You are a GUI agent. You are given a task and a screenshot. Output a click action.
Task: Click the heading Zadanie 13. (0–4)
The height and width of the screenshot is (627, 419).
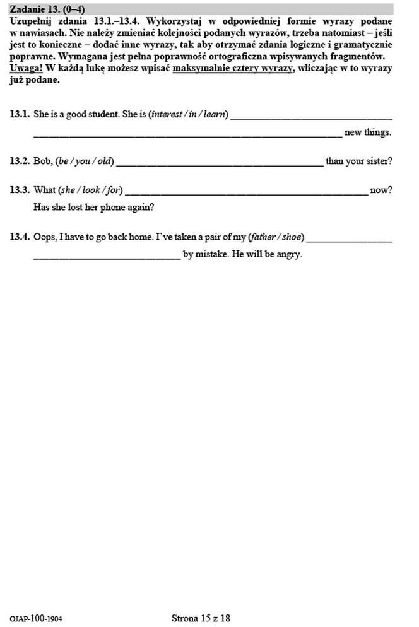pos(47,9)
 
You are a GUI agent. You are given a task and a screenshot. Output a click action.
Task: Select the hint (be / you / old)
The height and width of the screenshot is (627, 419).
pos(85,161)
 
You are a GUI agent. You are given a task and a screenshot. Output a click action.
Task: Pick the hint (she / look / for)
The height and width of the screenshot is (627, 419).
pos(90,190)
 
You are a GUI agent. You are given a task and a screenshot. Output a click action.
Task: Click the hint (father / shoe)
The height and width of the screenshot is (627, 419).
pos(276,237)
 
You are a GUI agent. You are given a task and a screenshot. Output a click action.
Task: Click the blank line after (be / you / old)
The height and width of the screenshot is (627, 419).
pos(219,164)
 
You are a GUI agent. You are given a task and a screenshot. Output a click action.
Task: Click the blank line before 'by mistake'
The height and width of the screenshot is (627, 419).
pos(107,257)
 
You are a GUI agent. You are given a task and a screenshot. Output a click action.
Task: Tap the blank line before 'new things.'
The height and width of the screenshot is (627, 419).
pos(187,135)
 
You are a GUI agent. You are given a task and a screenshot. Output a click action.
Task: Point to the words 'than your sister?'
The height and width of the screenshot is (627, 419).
pos(358,161)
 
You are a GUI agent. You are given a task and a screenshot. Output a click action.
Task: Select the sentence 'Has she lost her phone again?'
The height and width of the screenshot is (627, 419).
pos(93,207)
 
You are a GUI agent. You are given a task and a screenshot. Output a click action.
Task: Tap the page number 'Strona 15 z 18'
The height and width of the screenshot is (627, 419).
pos(201,618)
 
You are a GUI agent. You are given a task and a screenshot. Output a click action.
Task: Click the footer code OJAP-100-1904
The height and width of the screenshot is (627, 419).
pos(36,619)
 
